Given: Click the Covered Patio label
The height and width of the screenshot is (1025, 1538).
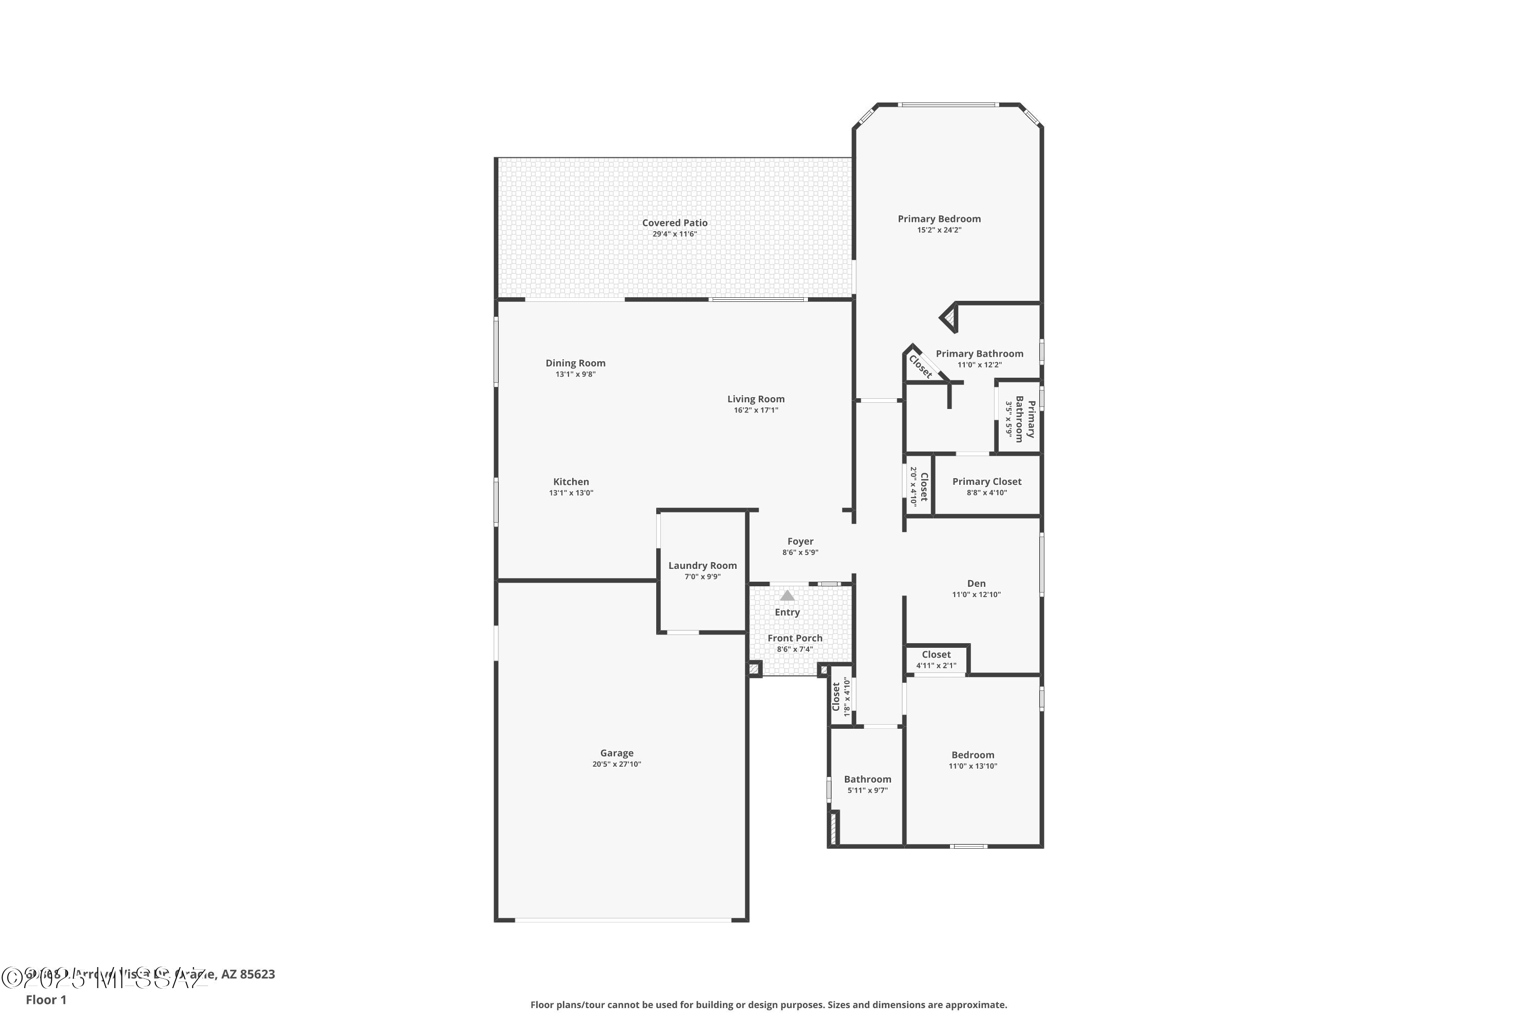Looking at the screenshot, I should click(x=674, y=223).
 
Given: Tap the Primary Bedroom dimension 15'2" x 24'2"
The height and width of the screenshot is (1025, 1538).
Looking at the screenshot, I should click(x=939, y=230).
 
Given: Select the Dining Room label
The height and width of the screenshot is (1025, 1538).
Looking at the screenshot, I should click(x=575, y=363).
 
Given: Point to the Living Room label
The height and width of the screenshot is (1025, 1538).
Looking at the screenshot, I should click(x=756, y=399).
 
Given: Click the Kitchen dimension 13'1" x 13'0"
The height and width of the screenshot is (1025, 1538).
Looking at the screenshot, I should click(x=571, y=493).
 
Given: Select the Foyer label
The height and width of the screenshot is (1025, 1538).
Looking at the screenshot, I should click(x=800, y=542).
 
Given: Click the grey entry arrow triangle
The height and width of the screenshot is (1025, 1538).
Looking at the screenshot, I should click(x=787, y=596).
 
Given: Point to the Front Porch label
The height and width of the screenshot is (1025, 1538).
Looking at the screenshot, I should click(x=795, y=639).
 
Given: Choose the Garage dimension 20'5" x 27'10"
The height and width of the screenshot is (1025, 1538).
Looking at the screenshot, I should click(x=617, y=764).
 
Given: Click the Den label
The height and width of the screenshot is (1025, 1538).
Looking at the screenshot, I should click(x=976, y=584).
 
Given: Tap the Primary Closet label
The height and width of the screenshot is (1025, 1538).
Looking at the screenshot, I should click(x=987, y=482).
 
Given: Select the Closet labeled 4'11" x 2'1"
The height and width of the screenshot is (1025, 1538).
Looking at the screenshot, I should click(x=937, y=655).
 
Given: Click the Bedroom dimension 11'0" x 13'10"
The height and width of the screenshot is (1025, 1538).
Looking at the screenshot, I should click(x=973, y=766).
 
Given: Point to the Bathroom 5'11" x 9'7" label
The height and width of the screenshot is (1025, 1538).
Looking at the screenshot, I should click(x=868, y=779).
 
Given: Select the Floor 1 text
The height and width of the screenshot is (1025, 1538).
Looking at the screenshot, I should click(x=46, y=999).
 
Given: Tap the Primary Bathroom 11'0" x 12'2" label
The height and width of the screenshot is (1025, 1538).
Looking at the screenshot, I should click(x=980, y=354).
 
